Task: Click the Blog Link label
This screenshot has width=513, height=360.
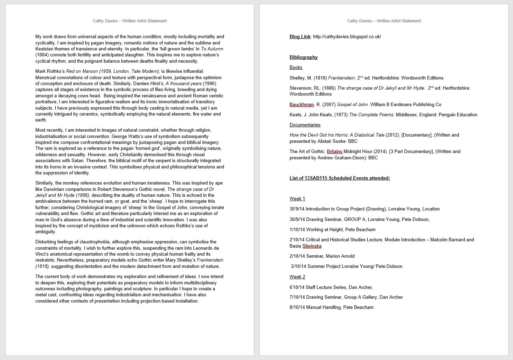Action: click(x=300, y=37)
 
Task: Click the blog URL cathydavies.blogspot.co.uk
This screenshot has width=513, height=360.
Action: click(x=347, y=37)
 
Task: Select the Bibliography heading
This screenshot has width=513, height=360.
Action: click(x=303, y=57)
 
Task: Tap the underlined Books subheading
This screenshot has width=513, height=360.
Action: click(x=296, y=68)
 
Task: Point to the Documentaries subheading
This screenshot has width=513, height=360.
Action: click(x=305, y=125)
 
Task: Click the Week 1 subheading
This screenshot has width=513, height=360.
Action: click(x=297, y=199)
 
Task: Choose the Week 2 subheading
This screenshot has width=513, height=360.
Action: click(x=297, y=277)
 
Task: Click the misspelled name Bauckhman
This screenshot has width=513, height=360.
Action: click(x=301, y=105)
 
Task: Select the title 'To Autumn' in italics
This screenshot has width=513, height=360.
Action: click(x=212, y=49)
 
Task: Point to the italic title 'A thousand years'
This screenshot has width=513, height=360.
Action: click(x=183, y=84)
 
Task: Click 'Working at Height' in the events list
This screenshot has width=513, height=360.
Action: click(x=324, y=230)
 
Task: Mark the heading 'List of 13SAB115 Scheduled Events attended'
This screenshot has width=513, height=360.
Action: click(x=340, y=178)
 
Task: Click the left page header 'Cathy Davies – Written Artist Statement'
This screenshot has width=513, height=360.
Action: click(x=130, y=21)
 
